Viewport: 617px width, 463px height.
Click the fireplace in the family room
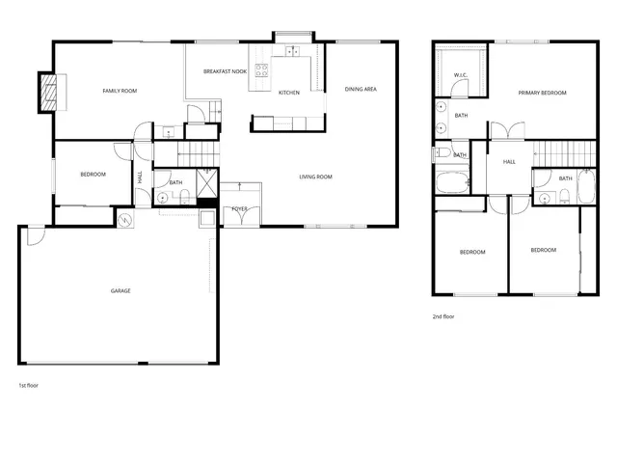point(46,91)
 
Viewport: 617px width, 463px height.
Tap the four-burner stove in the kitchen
point(260,68)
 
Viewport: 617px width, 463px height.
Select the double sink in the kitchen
point(292,51)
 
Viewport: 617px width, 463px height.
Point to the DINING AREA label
point(360,90)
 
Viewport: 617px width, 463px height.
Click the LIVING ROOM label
point(315,177)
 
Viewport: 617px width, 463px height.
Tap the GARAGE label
point(121,290)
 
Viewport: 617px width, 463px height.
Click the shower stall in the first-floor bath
point(207,180)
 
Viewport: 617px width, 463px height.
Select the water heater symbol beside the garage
point(124,221)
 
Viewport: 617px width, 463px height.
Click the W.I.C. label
point(461,75)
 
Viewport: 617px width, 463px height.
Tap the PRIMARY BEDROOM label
point(542,93)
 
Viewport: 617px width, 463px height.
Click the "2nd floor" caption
point(443,316)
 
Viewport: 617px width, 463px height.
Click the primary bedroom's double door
point(507,132)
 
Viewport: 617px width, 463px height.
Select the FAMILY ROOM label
point(121,91)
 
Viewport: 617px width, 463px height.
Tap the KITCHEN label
point(288,93)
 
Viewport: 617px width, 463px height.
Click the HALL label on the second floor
point(509,162)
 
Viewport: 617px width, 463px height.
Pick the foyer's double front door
point(239,190)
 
